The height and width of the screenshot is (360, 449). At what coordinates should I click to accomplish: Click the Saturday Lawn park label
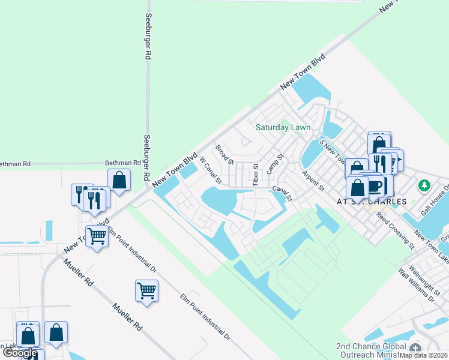pyautogui.click(x=283, y=127)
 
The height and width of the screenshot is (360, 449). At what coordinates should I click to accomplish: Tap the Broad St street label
pyautogui.click(x=224, y=154)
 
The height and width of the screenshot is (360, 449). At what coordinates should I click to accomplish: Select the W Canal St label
pyautogui.click(x=210, y=171)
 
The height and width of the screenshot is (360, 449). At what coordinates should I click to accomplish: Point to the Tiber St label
pyautogui.click(x=255, y=175)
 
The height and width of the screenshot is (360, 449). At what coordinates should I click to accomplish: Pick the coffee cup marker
pyautogui.click(x=375, y=185)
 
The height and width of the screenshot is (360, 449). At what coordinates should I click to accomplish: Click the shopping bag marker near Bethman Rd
pyautogui.click(x=119, y=179)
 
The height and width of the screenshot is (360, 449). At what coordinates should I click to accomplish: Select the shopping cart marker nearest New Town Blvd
pyautogui.click(x=97, y=236)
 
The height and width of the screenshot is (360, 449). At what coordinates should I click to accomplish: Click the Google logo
pyautogui.click(x=19, y=353)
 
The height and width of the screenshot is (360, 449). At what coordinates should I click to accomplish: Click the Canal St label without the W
pyautogui.click(x=282, y=193)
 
